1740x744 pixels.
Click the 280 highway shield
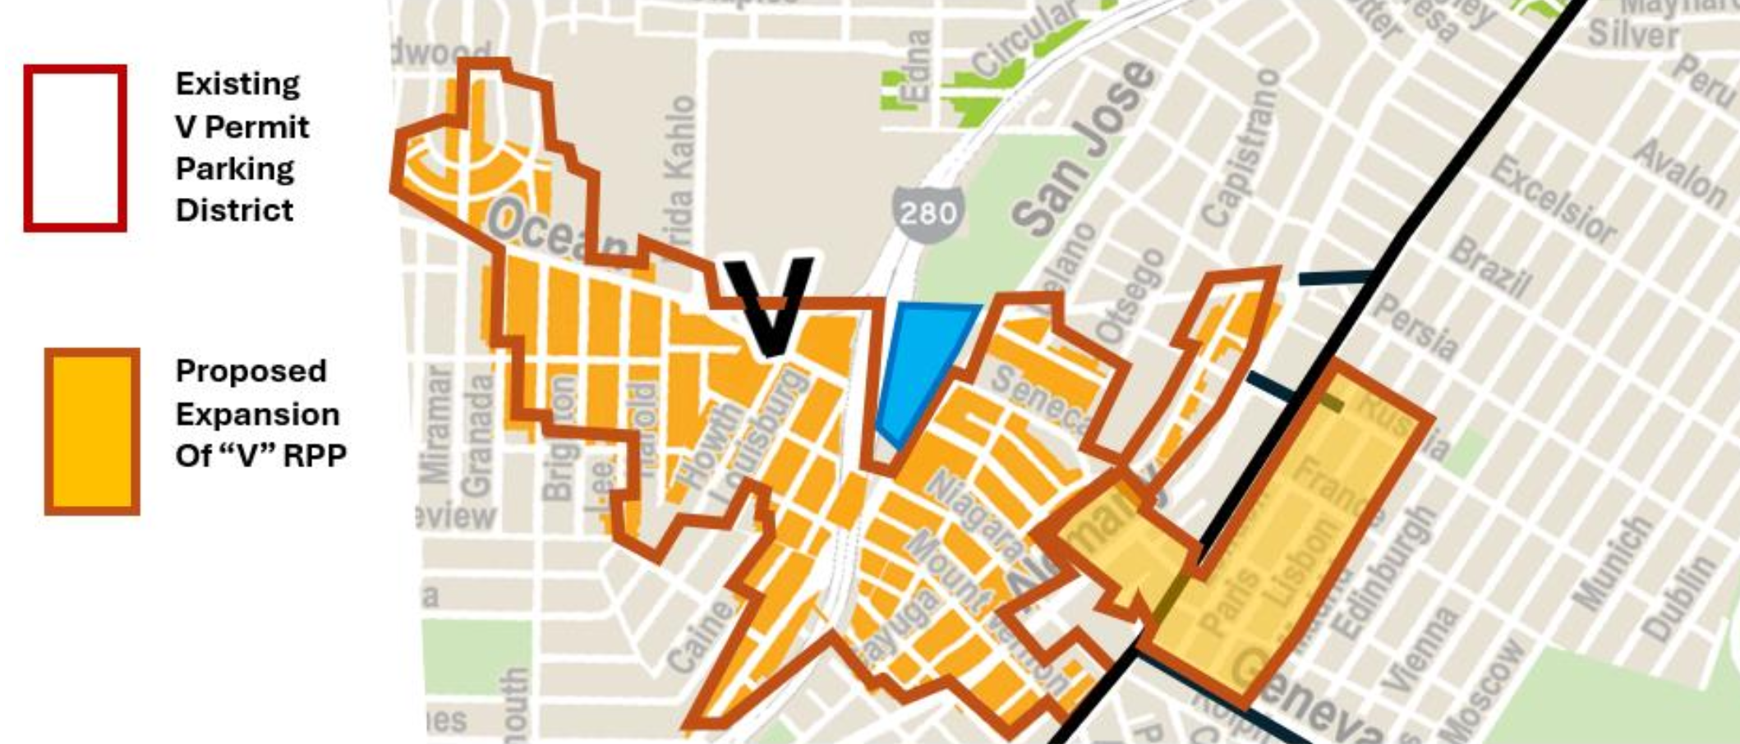(927, 214)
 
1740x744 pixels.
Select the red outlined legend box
(75, 148)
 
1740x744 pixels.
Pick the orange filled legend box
(92, 431)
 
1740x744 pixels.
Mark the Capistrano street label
(1240, 148)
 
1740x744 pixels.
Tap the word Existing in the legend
(237, 85)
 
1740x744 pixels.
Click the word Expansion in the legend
(257, 414)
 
